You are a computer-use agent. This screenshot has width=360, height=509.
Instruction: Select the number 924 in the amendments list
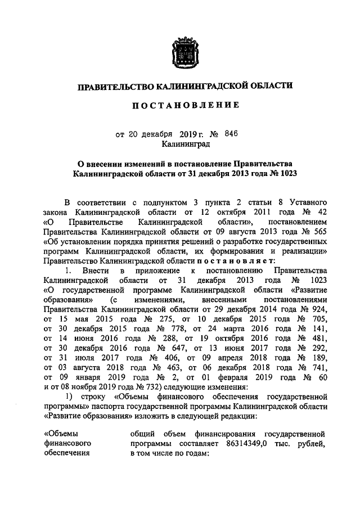[x=319, y=309]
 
